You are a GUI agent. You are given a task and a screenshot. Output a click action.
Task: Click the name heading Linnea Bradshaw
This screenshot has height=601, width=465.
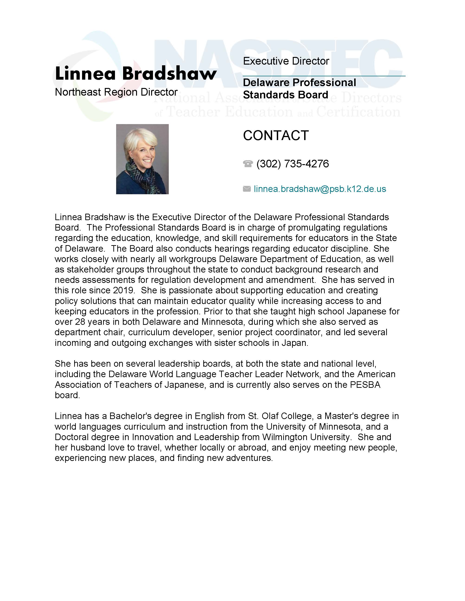click(x=136, y=74)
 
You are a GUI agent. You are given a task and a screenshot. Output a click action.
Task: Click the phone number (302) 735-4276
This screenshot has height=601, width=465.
click(x=292, y=164)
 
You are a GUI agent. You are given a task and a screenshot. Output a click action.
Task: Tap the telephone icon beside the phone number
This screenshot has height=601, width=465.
click(x=248, y=164)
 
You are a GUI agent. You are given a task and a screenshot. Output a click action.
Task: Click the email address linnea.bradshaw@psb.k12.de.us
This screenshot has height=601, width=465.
click(x=320, y=189)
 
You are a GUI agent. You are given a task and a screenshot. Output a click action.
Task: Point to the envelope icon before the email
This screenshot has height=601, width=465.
click(x=247, y=189)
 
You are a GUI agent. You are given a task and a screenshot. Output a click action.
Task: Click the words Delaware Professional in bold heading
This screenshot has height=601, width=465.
click(x=299, y=83)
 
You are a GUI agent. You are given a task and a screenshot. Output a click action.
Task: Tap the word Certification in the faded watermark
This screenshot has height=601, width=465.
click(x=358, y=112)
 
